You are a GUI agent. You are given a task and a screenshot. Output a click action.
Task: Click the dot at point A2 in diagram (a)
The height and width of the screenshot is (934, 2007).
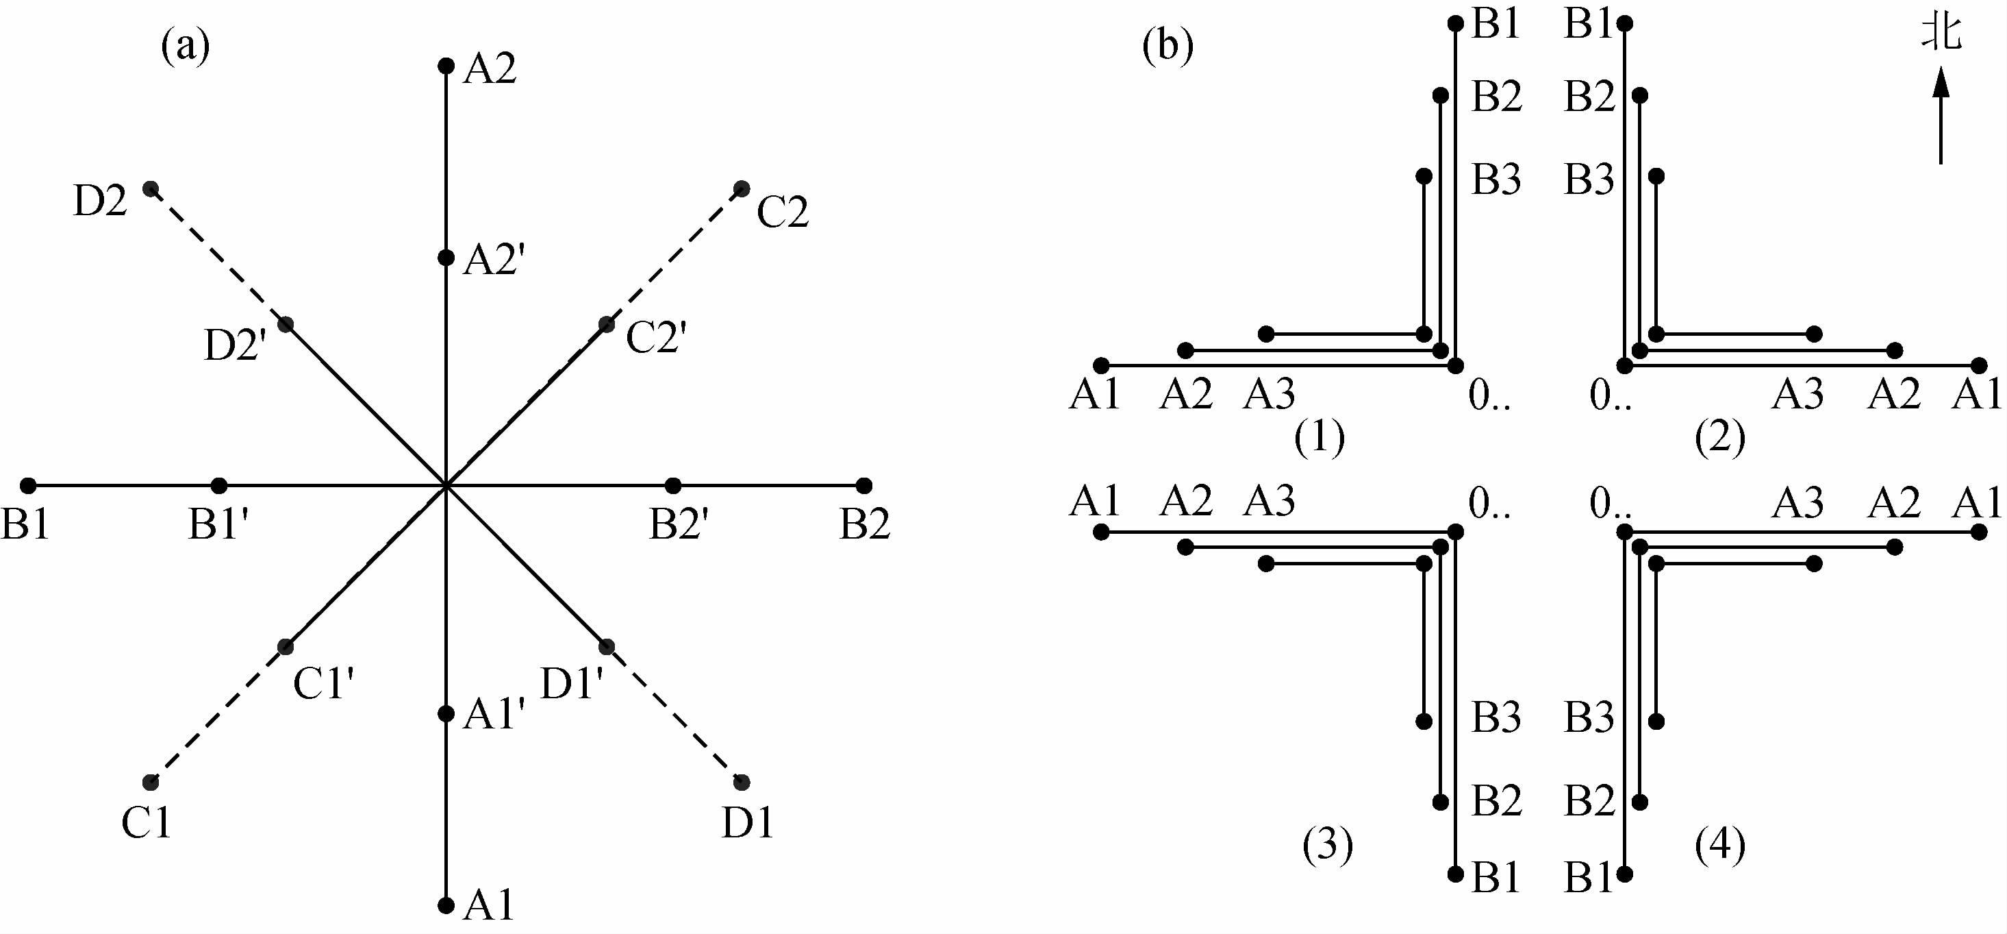click(446, 66)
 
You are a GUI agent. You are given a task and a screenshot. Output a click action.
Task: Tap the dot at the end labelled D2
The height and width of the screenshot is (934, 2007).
click(151, 188)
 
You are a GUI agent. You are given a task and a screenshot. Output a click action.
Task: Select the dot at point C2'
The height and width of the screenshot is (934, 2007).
click(606, 324)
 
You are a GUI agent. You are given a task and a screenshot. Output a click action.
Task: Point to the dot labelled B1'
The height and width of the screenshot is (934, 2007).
click(220, 486)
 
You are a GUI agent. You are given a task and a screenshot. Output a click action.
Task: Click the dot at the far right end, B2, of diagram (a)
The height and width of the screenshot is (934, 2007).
click(863, 486)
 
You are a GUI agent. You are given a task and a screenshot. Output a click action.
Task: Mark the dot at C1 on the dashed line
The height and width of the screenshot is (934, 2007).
click(151, 782)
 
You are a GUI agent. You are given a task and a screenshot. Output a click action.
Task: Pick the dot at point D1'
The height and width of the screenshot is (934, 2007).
click(606, 646)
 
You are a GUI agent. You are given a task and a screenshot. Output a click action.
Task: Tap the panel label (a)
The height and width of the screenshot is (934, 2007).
click(186, 47)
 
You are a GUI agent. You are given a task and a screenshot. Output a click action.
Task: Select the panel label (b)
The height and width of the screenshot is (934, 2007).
click(1167, 47)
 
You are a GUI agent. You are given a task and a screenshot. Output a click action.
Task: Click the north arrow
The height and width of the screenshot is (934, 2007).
click(1940, 117)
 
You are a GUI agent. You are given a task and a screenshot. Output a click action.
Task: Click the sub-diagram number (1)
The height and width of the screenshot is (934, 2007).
click(1320, 437)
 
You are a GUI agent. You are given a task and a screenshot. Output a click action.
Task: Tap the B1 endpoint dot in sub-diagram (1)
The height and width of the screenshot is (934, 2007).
click(1455, 23)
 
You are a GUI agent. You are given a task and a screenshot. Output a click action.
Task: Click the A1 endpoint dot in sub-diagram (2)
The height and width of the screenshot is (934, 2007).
click(1979, 365)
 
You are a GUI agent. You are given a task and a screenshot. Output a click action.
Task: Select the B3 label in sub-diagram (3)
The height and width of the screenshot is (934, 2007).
click(1496, 718)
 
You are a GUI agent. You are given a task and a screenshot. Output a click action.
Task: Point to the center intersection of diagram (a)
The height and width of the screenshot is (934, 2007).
click(446, 486)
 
